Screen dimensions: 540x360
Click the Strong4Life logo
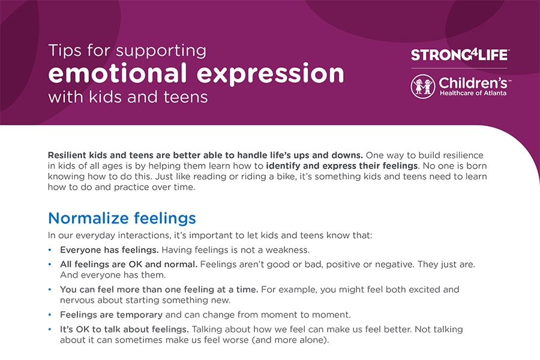pyautogui.click(x=460, y=55)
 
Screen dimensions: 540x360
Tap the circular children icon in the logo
pyautogui.click(x=423, y=86)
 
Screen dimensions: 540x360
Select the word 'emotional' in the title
pyautogui.click(x=118, y=73)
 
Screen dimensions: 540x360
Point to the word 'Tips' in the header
pyautogui.click(x=65, y=50)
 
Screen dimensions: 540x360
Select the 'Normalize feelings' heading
pyautogui.click(x=122, y=218)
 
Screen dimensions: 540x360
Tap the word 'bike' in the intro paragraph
pyautogui.click(x=286, y=176)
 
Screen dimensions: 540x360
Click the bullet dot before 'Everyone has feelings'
pyautogui.click(x=50, y=250)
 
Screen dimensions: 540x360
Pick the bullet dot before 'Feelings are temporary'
pyautogui.click(x=50, y=314)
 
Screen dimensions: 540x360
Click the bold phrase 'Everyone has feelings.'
pyautogui.click(x=109, y=250)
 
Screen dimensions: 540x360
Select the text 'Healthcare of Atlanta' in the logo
pyautogui.click(x=473, y=93)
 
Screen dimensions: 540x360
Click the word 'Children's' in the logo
pyautogui.click(x=473, y=83)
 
